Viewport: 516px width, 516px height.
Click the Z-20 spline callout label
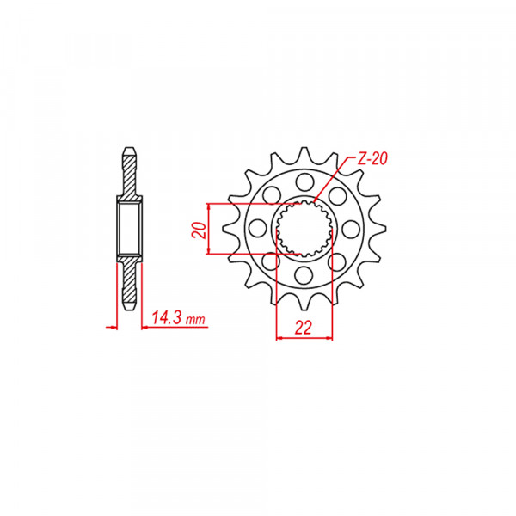click(x=372, y=159)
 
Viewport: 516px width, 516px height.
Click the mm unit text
click(x=195, y=320)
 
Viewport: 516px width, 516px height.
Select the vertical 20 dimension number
click(x=200, y=230)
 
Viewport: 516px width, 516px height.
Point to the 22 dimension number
click(x=303, y=328)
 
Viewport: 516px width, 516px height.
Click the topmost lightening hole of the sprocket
click(x=304, y=182)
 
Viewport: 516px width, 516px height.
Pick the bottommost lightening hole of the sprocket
click(x=304, y=275)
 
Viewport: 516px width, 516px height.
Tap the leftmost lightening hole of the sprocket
click(x=257, y=229)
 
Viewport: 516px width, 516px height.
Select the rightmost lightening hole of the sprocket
click(x=351, y=229)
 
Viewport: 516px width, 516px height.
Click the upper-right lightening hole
click(x=338, y=196)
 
